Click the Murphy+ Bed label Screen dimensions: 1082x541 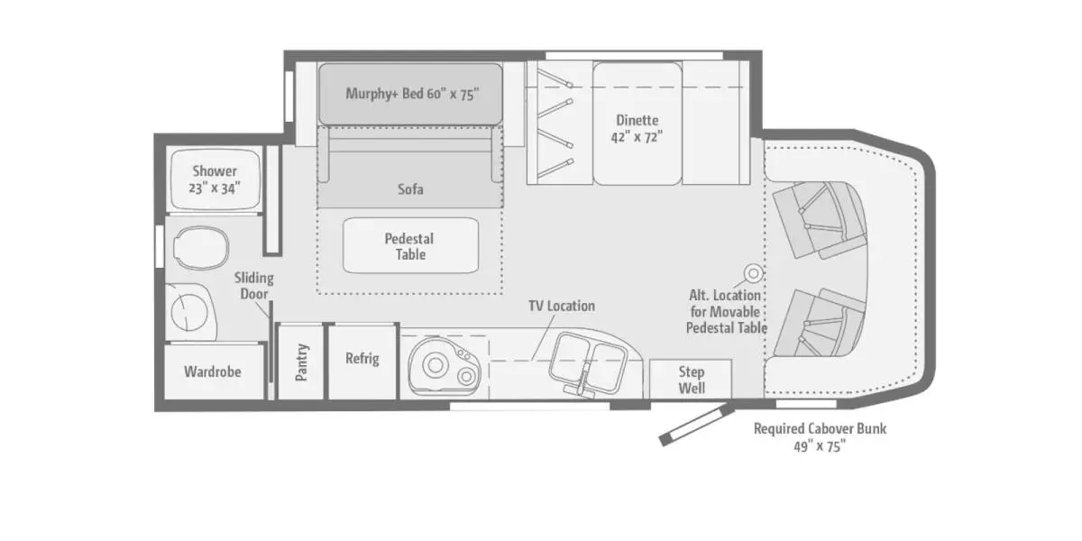coord(412,93)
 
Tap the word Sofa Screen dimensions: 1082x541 coord(410,188)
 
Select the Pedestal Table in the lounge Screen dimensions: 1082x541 coord(410,245)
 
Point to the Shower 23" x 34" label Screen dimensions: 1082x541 coord(215,179)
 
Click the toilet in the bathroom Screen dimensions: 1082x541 coord(201,248)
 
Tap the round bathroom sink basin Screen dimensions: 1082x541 coord(189,312)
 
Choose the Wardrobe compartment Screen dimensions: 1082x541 coord(214,371)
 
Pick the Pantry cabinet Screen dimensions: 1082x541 coord(300,362)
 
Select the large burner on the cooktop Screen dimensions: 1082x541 coord(436,366)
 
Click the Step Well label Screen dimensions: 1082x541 coord(692,380)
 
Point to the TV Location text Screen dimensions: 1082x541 coord(561,306)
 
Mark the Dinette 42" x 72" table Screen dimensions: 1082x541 coord(637,124)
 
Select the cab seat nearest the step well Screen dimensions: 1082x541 coord(820,323)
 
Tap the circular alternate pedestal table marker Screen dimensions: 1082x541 coord(753,273)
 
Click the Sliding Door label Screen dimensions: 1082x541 coord(254,286)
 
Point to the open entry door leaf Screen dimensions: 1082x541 coord(696,426)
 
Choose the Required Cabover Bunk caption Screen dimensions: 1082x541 coord(820,437)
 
